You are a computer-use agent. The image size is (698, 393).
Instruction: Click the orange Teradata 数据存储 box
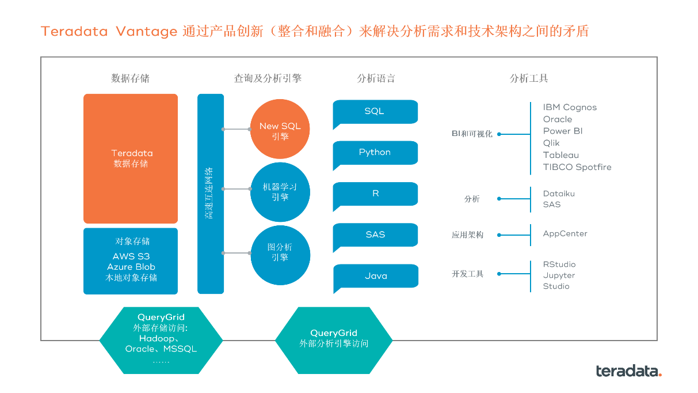point(131,158)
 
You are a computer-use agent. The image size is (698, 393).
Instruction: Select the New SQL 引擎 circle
point(280,129)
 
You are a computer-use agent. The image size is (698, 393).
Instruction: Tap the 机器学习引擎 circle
point(280,192)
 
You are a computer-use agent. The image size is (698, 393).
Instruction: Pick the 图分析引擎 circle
point(280,255)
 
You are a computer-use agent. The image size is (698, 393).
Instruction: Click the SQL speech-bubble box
point(375,111)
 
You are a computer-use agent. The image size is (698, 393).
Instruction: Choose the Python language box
point(375,153)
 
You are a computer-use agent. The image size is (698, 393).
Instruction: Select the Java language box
point(375,276)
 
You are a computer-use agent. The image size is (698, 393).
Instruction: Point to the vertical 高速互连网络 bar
point(210,194)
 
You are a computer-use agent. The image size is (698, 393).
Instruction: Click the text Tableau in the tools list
point(561,155)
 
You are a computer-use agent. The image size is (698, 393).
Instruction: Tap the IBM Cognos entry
point(570,107)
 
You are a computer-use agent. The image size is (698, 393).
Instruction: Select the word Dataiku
point(559,194)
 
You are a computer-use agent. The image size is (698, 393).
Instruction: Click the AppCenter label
point(565,234)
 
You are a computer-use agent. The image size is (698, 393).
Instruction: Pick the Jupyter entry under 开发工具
point(559,275)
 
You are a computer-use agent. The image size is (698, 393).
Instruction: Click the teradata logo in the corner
point(628,371)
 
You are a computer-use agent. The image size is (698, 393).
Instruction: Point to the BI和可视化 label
point(472,134)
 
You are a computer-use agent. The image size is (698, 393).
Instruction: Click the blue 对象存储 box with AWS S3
point(131,261)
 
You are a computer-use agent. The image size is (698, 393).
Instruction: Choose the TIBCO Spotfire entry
point(577,167)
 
